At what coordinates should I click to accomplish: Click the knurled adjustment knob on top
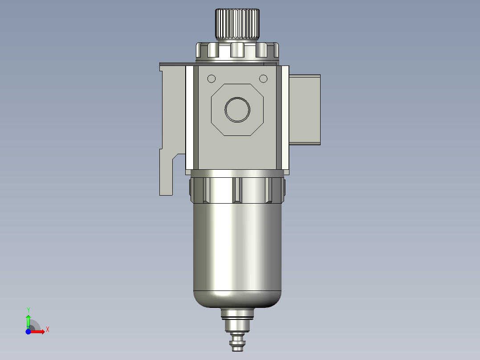(238, 24)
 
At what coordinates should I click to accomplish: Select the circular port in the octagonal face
(237, 109)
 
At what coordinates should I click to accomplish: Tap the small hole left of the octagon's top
(212, 79)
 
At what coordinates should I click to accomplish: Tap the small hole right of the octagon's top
(263, 79)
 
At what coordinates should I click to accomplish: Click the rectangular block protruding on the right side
(305, 109)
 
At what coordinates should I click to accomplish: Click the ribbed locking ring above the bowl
(237, 190)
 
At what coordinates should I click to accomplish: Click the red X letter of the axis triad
(48, 329)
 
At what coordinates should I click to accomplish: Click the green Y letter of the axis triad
(28, 309)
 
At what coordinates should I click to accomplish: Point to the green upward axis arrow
(28, 320)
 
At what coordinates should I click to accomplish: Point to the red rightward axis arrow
(38, 331)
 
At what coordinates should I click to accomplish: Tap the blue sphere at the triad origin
(28, 331)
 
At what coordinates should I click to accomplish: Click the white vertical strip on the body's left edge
(190, 118)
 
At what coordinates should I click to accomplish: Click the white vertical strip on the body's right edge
(285, 118)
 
